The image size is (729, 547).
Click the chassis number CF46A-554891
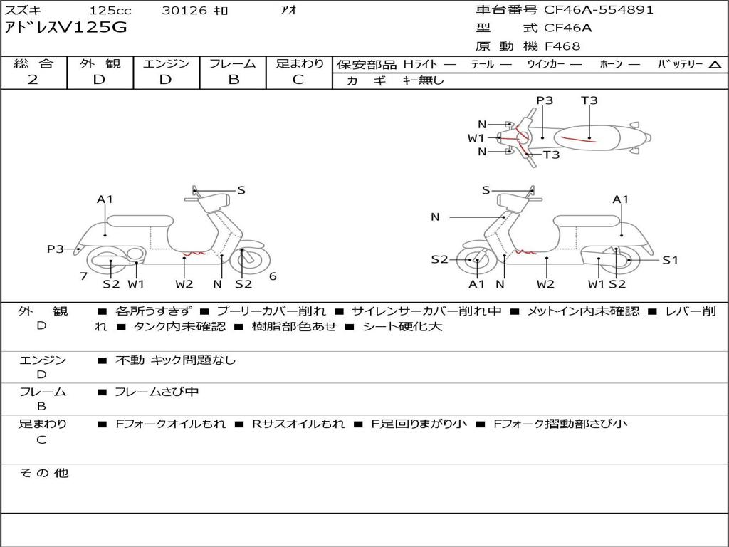(599, 10)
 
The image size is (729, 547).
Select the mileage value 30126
(184, 11)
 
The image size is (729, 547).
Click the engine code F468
(562, 46)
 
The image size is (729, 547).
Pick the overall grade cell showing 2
(33, 80)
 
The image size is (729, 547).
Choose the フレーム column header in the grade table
(233, 64)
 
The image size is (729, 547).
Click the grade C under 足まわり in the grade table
(298, 80)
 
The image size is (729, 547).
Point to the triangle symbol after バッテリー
(715, 65)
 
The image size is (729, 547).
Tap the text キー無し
(423, 80)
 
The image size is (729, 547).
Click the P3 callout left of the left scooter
(56, 249)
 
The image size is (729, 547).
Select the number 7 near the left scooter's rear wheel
(83, 276)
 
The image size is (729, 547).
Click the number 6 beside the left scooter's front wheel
(273, 276)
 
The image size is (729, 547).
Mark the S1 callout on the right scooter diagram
(670, 260)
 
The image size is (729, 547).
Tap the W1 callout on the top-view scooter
(476, 138)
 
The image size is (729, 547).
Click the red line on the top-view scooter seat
(578, 138)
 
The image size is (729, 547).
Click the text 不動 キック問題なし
(175, 360)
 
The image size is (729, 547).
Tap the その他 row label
(43, 473)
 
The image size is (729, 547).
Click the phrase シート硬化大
(402, 327)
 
